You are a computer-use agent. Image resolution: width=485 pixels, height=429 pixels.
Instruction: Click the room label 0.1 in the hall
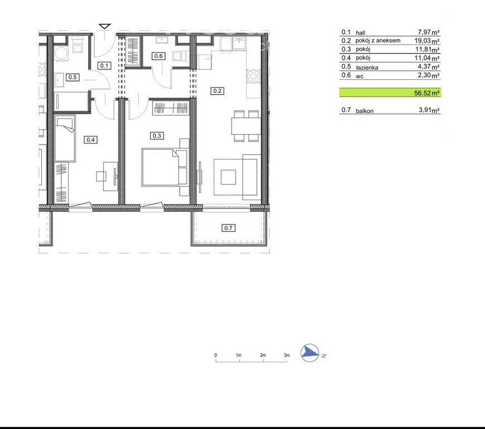[104, 65]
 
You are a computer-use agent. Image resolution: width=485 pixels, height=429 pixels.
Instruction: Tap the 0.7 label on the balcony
[228, 228]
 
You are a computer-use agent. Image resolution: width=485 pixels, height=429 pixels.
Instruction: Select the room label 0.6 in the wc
[158, 56]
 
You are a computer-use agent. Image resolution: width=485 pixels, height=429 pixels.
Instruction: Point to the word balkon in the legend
[364, 111]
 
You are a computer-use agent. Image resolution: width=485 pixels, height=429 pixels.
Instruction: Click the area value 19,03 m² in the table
[427, 41]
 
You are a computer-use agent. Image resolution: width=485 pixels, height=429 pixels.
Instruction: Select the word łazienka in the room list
[367, 68]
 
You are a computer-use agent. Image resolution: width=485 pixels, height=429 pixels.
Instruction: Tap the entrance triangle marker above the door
[105, 26]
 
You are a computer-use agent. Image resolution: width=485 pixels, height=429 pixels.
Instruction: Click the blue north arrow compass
[310, 353]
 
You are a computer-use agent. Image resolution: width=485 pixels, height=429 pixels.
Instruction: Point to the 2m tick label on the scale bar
[263, 355]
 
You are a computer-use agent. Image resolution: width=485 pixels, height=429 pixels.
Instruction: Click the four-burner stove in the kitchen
[253, 76]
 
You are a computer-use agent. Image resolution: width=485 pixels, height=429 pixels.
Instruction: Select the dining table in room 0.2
[246, 126]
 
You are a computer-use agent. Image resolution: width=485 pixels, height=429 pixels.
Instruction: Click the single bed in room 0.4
[65, 139]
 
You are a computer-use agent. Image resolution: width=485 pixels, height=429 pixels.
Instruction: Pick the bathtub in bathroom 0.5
[72, 101]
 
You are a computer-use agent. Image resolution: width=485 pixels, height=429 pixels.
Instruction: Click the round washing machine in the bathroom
[61, 53]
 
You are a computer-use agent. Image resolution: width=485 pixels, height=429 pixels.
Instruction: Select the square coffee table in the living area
[228, 178]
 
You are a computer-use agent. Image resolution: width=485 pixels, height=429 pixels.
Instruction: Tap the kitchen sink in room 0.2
[239, 44]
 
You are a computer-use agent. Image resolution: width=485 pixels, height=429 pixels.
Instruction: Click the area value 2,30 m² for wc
[429, 75]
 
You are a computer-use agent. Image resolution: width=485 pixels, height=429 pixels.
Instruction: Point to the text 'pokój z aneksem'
[378, 41]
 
